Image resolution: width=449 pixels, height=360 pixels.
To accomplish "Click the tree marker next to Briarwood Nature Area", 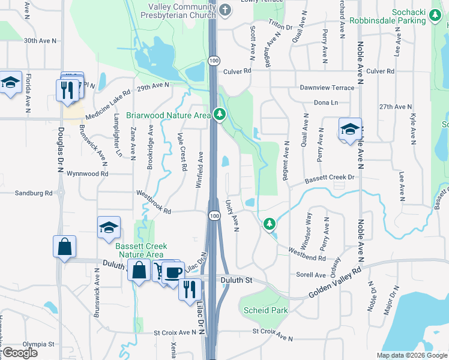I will pyautogui.click(x=220, y=113).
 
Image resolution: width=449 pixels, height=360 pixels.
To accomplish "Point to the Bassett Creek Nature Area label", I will pyautogui.click(x=142, y=250).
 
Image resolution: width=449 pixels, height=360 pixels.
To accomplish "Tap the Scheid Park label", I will pyautogui.click(x=266, y=310).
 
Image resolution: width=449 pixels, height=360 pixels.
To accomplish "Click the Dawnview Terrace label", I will pyautogui.click(x=327, y=88).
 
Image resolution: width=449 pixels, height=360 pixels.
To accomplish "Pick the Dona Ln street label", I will pyautogui.click(x=326, y=103).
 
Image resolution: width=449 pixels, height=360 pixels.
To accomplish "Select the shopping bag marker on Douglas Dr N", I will pyautogui.click(x=64, y=247).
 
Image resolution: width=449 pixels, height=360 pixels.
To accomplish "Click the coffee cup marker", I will pyautogui.click(x=173, y=272).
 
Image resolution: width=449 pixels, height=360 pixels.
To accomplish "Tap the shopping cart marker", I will pyautogui.click(x=161, y=271).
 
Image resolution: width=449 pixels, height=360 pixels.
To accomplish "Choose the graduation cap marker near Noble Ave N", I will pyautogui.click(x=350, y=129).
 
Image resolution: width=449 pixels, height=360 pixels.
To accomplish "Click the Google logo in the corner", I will pyautogui.click(x=19, y=353).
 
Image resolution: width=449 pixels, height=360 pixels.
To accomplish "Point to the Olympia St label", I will pyautogui.click(x=39, y=344).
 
